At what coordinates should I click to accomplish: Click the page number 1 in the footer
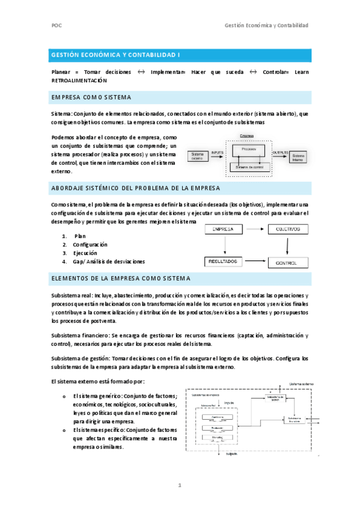[x=180, y=485]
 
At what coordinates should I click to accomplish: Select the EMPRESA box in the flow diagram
[x=223, y=229]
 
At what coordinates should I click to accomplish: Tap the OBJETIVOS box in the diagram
[x=288, y=229]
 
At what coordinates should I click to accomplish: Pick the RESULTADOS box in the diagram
[x=223, y=262]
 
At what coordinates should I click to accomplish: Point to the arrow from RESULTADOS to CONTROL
[x=254, y=262]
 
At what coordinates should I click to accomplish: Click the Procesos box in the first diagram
[x=249, y=149]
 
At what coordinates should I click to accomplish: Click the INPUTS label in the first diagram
[x=217, y=153]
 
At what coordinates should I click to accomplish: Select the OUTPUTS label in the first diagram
[x=280, y=153]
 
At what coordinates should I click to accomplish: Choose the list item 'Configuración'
[x=90, y=245]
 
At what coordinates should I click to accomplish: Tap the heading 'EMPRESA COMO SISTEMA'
[x=91, y=97]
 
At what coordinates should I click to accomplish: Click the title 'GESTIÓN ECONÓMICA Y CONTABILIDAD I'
[x=115, y=55]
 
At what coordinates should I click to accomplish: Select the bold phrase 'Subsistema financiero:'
[x=81, y=336]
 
